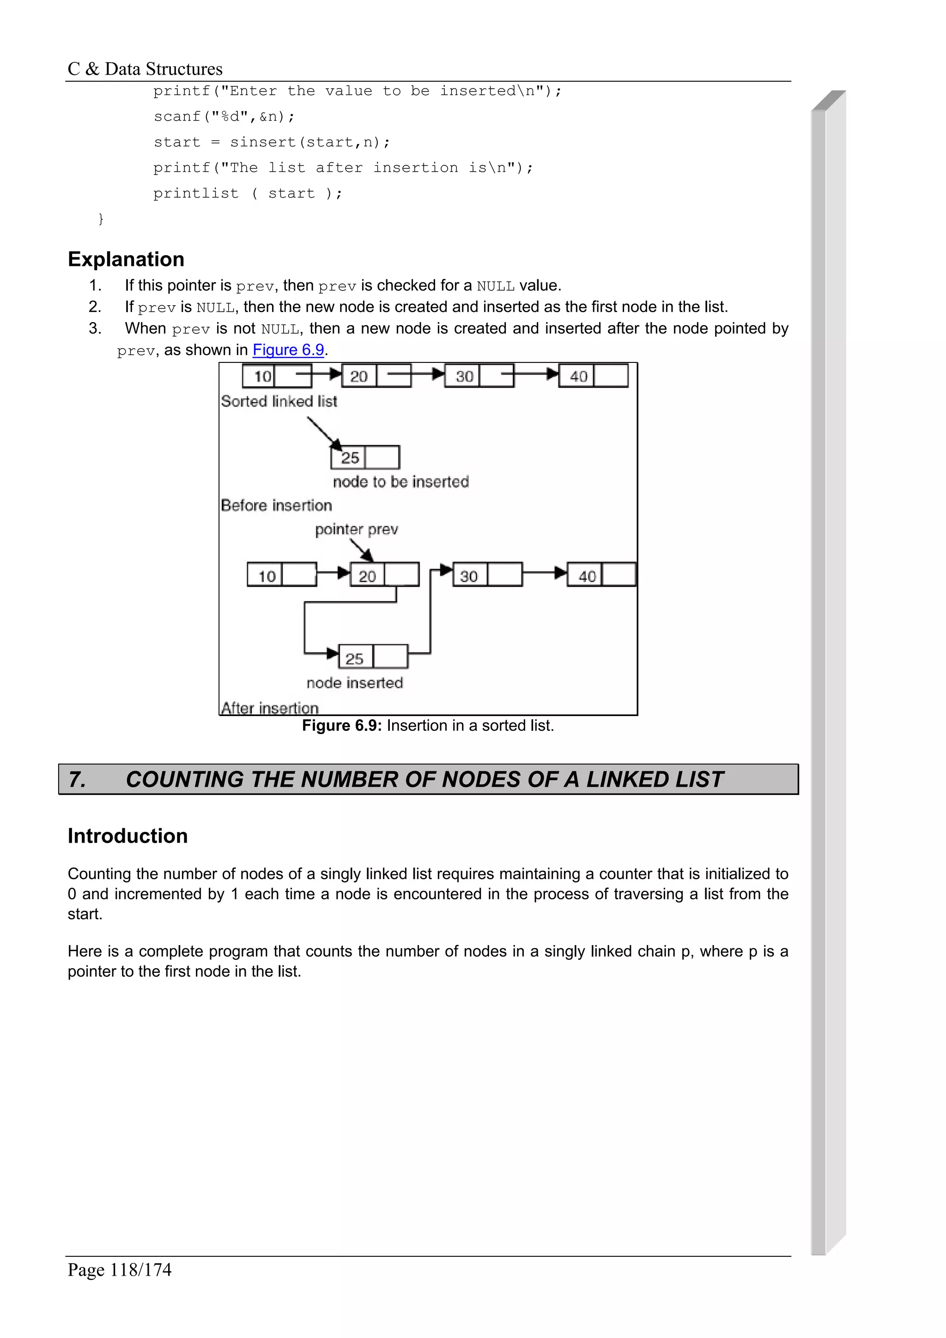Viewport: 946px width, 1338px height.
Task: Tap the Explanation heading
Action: point(126,259)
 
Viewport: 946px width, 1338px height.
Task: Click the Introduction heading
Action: point(127,836)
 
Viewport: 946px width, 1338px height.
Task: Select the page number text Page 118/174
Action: point(120,1269)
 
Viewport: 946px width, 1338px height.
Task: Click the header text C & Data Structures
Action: point(145,69)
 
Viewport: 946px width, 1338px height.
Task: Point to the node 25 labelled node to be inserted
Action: point(365,458)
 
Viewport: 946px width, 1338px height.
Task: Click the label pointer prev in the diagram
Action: point(356,529)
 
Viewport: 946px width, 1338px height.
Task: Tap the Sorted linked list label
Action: point(279,402)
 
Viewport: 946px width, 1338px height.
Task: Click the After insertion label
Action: point(270,708)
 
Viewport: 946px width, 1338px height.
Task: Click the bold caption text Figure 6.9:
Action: point(341,725)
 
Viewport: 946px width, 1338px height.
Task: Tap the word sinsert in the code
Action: point(263,142)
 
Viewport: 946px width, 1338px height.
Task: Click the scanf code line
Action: point(224,116)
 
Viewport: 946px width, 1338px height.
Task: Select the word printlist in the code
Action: point(196,193)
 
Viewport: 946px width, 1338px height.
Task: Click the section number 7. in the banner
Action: point(78,780)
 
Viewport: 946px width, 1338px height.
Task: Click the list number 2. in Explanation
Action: point(95,307)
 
